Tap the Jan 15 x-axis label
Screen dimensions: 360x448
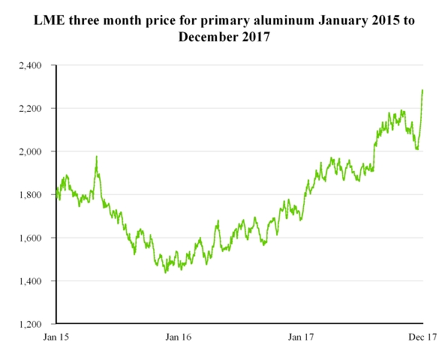click(x=55, y=338)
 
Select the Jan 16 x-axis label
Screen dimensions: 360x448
click(x=178, y=338)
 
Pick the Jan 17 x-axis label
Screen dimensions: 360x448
click(x=301, y=338)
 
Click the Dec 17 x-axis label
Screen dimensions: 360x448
click(x=422, y=338)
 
